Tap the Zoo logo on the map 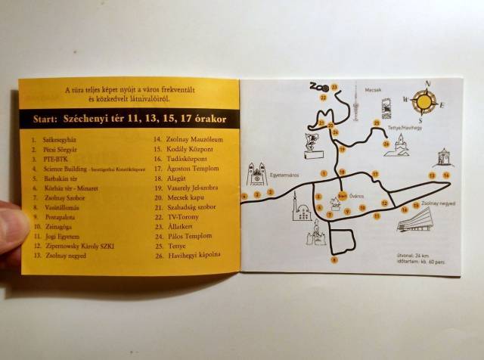point(320,88)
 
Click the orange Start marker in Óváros point(343,195)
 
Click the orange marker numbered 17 point(375,175)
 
